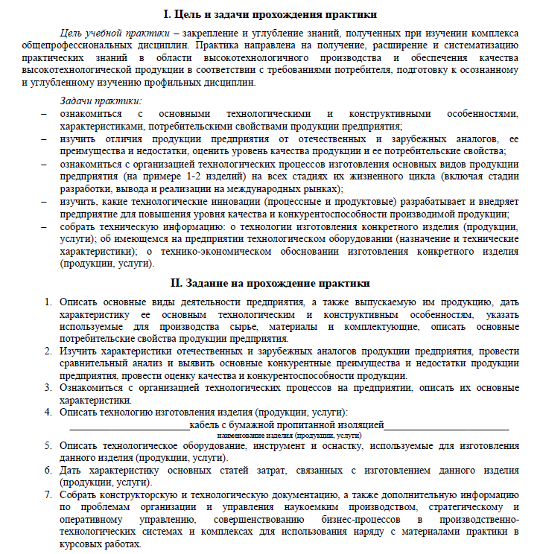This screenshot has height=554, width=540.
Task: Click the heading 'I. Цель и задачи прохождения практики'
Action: click(270, 14)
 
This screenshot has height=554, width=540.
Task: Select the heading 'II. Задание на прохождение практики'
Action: click(270, 284)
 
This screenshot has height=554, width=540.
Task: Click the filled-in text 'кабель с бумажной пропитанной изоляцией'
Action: click(287, 424)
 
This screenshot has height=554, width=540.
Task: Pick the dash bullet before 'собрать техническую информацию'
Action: click(44, 226)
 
